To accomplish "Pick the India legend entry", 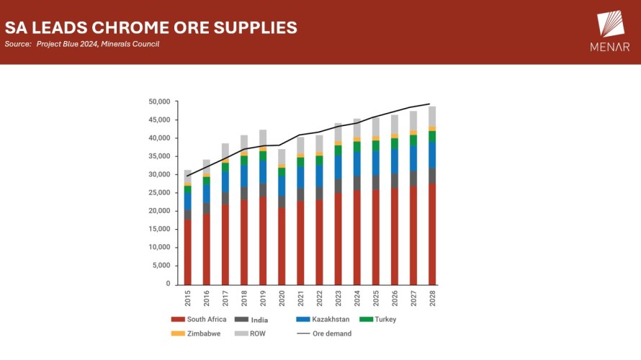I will (255, 319).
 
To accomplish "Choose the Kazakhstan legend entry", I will (323, 319).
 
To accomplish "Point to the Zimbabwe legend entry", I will (198, 333).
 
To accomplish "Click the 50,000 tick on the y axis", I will (158, 102).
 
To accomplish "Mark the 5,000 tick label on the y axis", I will (160, 266).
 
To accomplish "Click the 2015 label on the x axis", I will (188, 297).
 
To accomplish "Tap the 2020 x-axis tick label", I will (282, 297).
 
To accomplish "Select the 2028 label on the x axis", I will (432, 297).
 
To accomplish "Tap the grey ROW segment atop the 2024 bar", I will (357, 128).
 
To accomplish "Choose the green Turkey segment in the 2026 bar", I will (395, 143).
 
